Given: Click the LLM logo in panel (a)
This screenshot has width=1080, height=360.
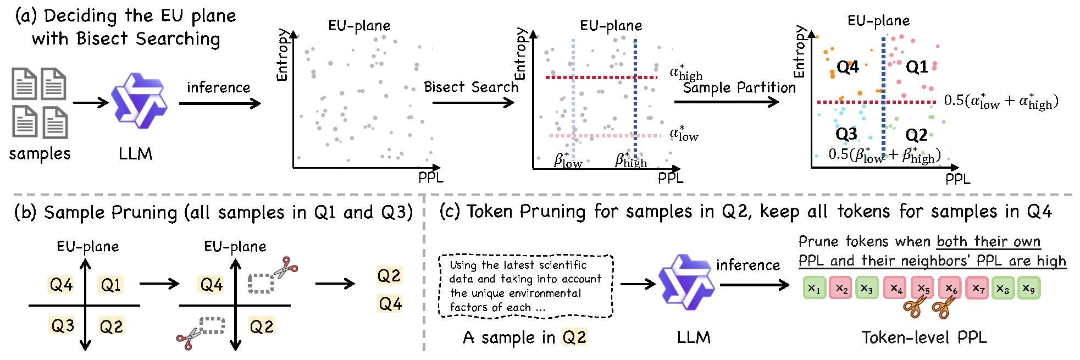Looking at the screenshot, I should (139, 101).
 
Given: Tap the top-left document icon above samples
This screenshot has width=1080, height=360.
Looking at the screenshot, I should (24, 84).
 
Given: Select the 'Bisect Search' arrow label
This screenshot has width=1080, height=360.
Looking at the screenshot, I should (470, 87).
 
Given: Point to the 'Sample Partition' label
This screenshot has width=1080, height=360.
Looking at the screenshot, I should (739, 87).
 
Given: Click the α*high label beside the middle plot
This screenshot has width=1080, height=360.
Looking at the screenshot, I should (685, 73).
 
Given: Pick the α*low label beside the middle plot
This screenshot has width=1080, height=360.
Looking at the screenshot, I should (683, 134).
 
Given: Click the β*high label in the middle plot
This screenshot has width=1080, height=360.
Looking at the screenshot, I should (630, 160).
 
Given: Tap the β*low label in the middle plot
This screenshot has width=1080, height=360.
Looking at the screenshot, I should (568, 160).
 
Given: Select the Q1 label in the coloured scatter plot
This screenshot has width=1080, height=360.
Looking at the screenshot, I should (916, 67).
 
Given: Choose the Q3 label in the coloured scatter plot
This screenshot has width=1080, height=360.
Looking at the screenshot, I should (846, 134).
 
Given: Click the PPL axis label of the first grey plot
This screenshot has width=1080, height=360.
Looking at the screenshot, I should (430, 178).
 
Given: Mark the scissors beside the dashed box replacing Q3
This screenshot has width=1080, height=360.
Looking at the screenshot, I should (188, 338).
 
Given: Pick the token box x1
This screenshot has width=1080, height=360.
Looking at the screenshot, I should (814, 288).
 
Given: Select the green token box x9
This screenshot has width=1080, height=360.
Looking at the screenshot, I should (1028, 288).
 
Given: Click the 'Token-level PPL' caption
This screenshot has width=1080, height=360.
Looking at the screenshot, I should (924, 337).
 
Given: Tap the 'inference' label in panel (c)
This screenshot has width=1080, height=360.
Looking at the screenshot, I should (747, 265).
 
